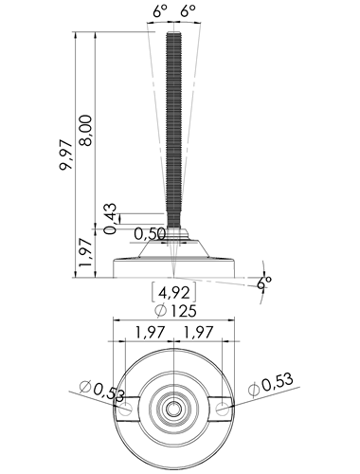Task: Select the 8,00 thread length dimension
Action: point(86,130)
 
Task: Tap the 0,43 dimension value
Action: point(111,219)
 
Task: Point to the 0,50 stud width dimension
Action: point(150,234)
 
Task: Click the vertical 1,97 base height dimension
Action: point(85,252)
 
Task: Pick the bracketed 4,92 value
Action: point(174,293)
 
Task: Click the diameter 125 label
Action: point(175,311)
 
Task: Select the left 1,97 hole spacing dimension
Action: point(151,333)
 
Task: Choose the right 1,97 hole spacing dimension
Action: point(198,333)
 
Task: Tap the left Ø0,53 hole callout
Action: point(102,392)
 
